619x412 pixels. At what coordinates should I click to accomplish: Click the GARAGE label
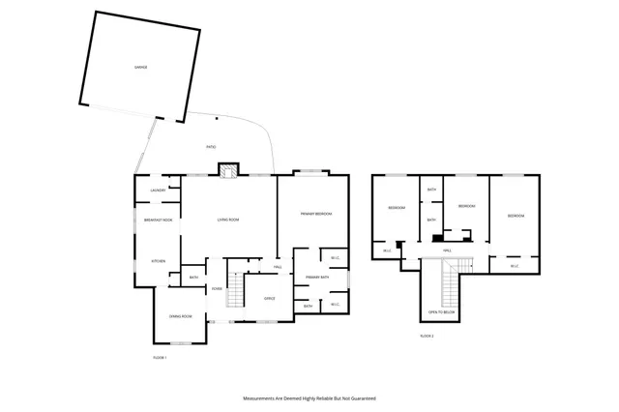140,67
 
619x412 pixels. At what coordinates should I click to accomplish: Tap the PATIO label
211,147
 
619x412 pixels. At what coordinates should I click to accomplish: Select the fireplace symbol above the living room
227,171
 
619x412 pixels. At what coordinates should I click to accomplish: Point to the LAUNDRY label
158,190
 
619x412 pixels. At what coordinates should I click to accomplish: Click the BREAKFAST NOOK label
158,221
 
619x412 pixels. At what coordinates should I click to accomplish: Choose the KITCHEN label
159,261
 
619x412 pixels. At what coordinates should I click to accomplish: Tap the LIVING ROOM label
227,221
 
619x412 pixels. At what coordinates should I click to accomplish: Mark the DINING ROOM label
180,317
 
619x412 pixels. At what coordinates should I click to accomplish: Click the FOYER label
218,288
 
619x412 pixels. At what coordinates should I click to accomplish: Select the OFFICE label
270,298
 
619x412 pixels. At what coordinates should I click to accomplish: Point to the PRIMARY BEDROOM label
316,213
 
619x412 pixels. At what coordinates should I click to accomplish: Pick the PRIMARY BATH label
318,278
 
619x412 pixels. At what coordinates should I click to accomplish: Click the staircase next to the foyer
237,286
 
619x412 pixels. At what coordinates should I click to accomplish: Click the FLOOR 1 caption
161,358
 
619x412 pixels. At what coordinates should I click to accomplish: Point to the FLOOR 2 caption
427,336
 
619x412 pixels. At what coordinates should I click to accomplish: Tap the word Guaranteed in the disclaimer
360,397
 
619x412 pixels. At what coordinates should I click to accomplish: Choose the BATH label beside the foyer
193,279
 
